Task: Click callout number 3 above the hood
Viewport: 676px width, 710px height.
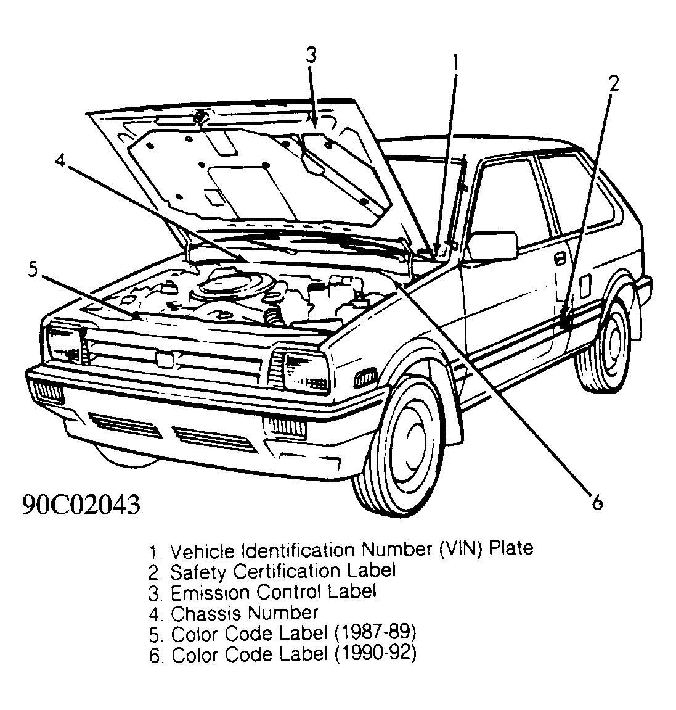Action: (x=311, y=55)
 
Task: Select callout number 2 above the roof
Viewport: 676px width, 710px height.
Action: (x=613, y=83)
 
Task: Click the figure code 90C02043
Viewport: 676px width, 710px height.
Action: (x=81, y=505)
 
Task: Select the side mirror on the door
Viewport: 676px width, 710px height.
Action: (x=495, y=246)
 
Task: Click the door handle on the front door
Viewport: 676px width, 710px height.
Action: (x=560, y=258)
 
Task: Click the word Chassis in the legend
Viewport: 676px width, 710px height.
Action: (x=206, y=613)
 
